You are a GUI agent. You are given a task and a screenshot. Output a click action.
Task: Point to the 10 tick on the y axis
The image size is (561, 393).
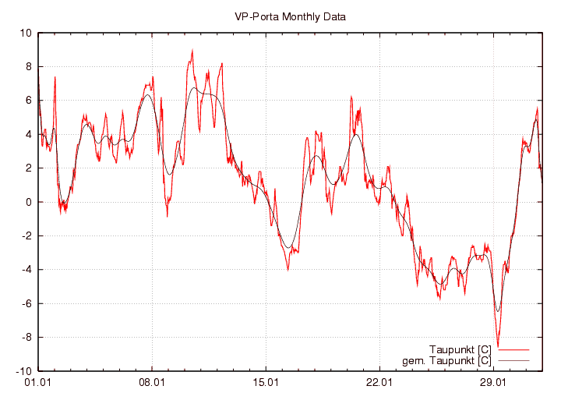tap(25, 34)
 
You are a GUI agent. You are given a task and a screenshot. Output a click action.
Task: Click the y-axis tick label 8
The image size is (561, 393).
tap(27, 67)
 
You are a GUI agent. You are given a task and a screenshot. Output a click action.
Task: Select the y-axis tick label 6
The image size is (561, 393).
tap(27, 101)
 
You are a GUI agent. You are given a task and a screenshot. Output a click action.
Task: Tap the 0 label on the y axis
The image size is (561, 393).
tap(27, 202)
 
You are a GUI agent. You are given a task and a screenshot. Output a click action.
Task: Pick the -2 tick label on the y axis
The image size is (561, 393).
tap(26, 236)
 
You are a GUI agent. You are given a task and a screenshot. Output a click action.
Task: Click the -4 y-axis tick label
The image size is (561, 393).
tap(26, 270)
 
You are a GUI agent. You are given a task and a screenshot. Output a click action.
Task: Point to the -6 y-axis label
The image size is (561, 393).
tap(26, 303)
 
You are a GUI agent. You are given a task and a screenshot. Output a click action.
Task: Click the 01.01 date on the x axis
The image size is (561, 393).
tap(37, 382)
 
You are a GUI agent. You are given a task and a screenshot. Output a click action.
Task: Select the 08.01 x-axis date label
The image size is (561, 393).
tap(151, 382)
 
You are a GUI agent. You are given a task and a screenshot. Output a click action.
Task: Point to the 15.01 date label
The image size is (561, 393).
tap(266, 382)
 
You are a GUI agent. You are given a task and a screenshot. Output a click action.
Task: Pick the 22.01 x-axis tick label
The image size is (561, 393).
tap(379, 382)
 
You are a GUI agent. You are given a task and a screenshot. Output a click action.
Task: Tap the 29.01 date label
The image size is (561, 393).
tap(493, 382)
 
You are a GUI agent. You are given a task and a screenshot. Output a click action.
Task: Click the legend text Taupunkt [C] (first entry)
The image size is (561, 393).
tap(460, 349)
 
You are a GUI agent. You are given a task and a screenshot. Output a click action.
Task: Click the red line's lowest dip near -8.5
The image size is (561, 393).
tap(497, 347)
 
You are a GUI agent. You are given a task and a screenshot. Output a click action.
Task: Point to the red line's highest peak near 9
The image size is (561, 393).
tap(192, 51)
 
